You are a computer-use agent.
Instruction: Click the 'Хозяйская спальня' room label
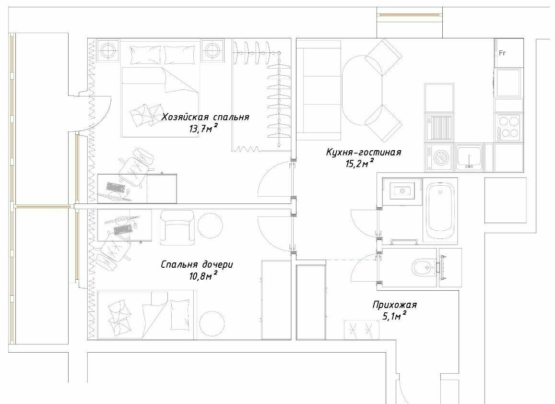coord(205,117)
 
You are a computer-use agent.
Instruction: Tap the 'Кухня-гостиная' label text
coord(364,152)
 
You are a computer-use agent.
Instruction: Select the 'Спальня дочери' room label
coord(197,264)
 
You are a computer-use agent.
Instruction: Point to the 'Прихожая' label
coord(394,305)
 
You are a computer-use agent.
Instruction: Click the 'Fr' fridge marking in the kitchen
coord(502,53)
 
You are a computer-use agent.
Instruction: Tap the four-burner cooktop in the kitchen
coord(509,128)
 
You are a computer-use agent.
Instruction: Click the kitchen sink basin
coord(469,156)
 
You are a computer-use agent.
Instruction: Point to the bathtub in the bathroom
coord(440,211)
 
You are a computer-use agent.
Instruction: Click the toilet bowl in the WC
coord(424,268)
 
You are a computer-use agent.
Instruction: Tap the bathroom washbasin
coord(402,191)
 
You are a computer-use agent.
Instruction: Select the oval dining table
coord(362,91)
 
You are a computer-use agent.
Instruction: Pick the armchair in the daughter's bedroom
coord(177,228)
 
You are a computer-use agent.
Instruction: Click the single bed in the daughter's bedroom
coord(146,315)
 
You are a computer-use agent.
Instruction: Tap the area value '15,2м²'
coord(360,163)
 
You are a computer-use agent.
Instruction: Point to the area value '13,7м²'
coord(203,128)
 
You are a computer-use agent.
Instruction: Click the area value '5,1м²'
coord(394,316)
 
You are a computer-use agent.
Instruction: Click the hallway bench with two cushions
coord(361,330)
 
